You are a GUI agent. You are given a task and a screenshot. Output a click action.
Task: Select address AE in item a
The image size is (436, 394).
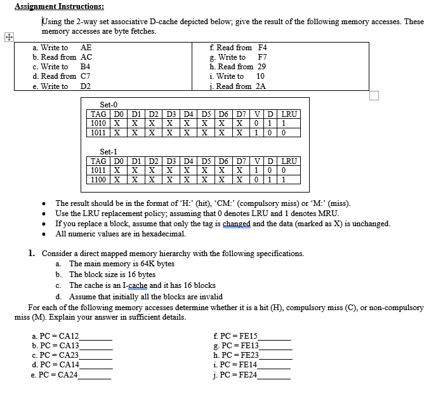[x=86, y=48]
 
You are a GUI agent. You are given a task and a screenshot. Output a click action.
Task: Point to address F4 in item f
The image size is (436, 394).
[x=263, y=48]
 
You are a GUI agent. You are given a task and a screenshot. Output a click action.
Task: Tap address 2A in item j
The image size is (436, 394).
[x=260, y=86]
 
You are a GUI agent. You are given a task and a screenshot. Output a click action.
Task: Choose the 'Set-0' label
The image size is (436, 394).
[x=109, y=104]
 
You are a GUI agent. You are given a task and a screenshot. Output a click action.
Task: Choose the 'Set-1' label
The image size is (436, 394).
[x=109, y=152]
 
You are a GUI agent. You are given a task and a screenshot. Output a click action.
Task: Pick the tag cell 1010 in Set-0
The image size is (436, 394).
[x=98, y=123]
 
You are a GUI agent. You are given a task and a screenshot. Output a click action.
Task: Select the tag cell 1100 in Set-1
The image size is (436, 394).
[x=98, y=180]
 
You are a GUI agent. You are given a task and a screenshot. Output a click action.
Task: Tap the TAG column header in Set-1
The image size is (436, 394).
[x=98, y=161]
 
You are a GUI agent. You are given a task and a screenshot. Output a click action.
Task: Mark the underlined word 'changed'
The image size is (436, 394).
[x=237, y=224]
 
